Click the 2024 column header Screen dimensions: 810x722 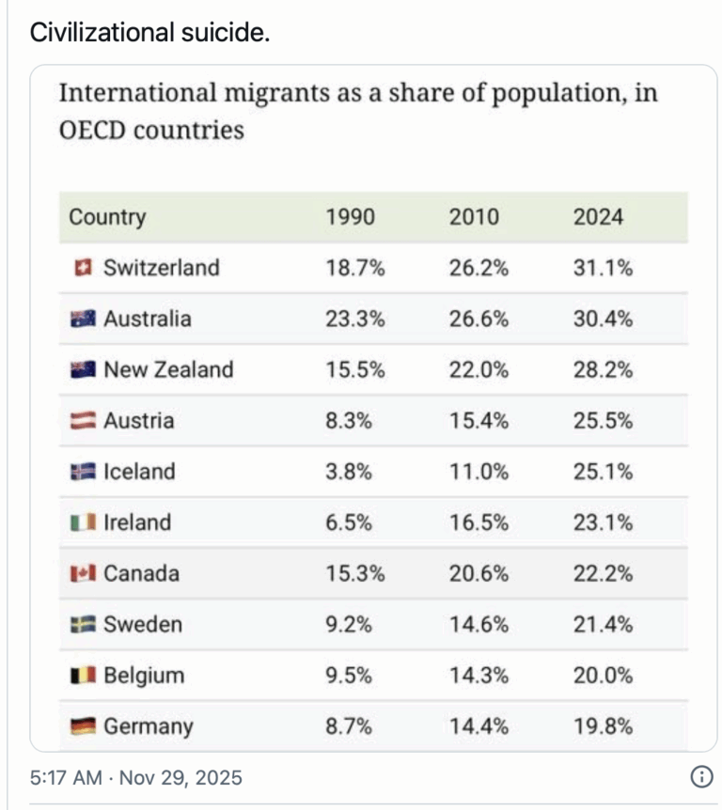pos(598,217)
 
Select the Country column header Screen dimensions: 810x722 pos(107,217)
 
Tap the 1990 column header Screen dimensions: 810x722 pos(350,217)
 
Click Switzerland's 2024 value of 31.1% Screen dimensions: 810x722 pos(603,268)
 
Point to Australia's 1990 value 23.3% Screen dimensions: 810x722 pos(354,319)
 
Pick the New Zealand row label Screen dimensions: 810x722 pos(167,369)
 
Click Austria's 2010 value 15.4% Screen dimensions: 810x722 pos(479,420)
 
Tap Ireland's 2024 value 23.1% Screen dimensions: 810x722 pos(603,522)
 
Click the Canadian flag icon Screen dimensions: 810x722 pos(83,573)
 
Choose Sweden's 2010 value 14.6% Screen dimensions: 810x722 pos(479,624)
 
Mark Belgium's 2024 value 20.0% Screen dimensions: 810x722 pos(603,675)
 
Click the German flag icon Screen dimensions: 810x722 pos(83,726)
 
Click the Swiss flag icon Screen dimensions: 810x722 pos(83,268)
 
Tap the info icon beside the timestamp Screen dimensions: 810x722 pos(700,777)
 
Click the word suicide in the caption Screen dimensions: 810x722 pos(224,33)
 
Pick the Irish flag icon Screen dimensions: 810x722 pos(83,522)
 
